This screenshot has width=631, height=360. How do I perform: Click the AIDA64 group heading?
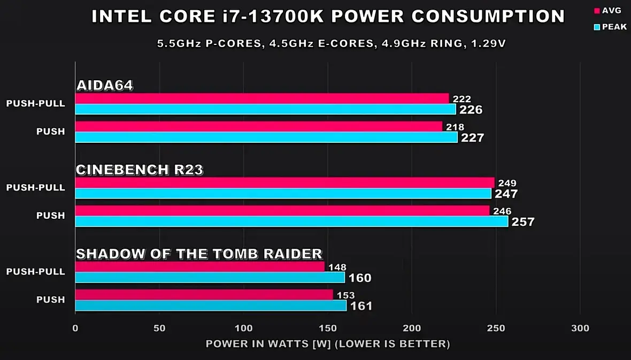coord(104,86)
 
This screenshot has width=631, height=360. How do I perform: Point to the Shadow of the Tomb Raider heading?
coord(199,254)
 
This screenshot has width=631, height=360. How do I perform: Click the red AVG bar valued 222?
coord(262,98)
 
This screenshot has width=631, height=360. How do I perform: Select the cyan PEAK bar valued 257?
coord(291,221)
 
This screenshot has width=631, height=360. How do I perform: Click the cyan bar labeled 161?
coord(211,305)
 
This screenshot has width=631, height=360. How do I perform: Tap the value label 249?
coord(507,183)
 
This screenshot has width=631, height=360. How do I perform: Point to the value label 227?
coord(472,138)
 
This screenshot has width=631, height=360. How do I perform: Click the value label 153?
coord(345,295)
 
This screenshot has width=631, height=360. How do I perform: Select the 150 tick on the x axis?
coord(328,328)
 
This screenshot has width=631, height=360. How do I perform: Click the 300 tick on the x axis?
coord(580,328)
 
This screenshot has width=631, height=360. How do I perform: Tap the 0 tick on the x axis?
coord(75,328)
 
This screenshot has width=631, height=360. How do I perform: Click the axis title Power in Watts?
coord(327,343)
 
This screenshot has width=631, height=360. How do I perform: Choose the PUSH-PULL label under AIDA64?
coord(36,104)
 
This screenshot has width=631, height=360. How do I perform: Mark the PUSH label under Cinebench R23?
coord(51,216)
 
